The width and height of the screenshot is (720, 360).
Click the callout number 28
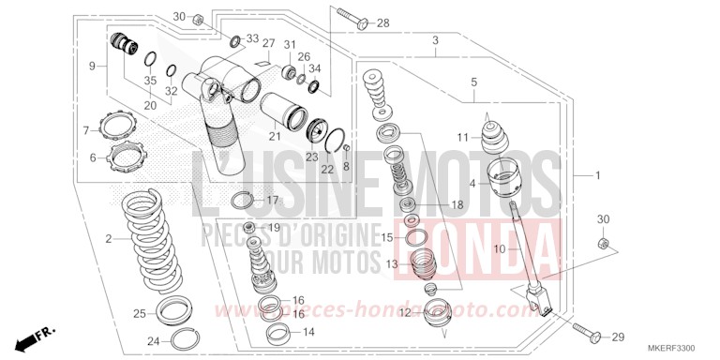tap(382, 23)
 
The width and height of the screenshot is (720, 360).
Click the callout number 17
tap(272, 201)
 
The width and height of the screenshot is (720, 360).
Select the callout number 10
tap(500, 248)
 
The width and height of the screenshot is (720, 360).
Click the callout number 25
tap(139, 313)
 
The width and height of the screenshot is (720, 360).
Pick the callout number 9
tap(93, 66)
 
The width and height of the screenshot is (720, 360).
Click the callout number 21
tap(275, 136)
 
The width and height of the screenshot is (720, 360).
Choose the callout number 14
tap(309, 331)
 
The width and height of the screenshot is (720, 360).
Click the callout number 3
tap(436, 40)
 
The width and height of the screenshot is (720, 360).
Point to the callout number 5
tap(474, 82)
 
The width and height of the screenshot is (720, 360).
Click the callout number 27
tap(268, 44)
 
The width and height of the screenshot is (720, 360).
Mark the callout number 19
tap(275, 228)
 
